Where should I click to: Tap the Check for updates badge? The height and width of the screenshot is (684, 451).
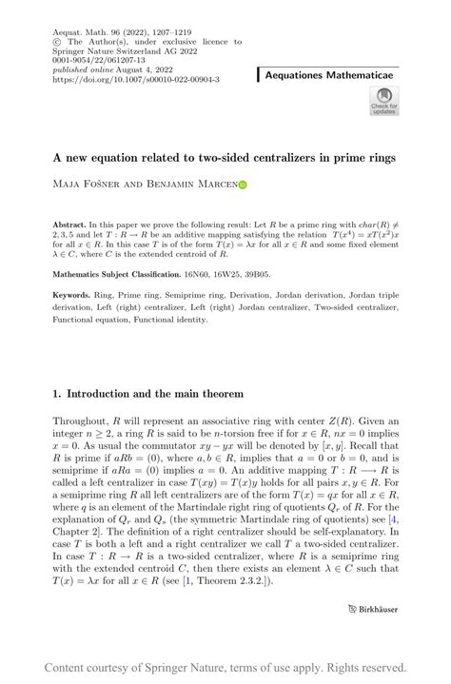coord(384,101)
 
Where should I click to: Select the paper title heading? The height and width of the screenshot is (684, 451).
coord(225,155)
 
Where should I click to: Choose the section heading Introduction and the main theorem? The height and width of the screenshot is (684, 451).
coord(148,393)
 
